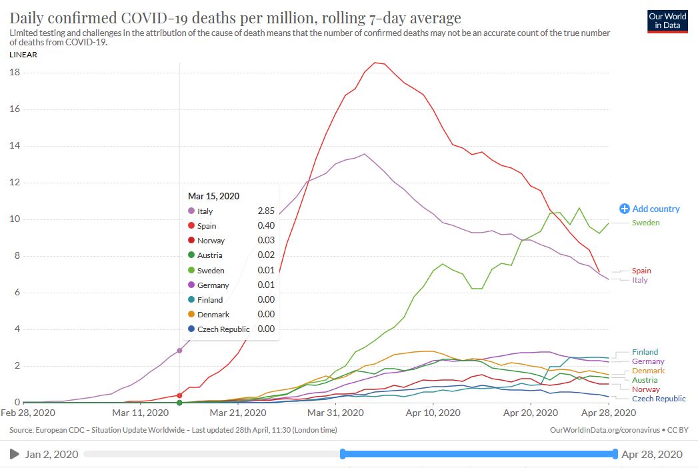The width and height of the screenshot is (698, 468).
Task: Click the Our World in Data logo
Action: click(x=668, y=21)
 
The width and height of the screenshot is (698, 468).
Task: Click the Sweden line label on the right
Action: click(x=645, y=223)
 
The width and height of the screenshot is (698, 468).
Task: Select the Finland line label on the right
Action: click(x=645, y=352)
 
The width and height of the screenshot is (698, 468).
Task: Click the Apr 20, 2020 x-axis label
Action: click(x=530, y=413)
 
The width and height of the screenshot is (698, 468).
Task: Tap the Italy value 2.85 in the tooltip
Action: click(x=266, y=211)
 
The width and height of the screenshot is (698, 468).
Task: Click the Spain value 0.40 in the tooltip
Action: click(x=266, y=226)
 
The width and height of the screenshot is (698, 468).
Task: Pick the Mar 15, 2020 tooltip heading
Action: click(x=213, y=196)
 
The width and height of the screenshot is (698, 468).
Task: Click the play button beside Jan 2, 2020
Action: click(x=14, y=455)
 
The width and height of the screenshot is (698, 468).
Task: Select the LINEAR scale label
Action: click(x=23, y=55)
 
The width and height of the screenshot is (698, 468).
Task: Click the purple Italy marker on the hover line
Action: click(x=179, y=351)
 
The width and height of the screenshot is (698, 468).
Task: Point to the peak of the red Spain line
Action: click(x=375, y=63)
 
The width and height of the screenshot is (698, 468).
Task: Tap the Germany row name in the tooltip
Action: click(x=213, y=285)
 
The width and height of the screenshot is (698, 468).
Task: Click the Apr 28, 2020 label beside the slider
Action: click(x=651, y=455)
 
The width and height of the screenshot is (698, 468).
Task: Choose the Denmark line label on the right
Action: click(x=647, y=371)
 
